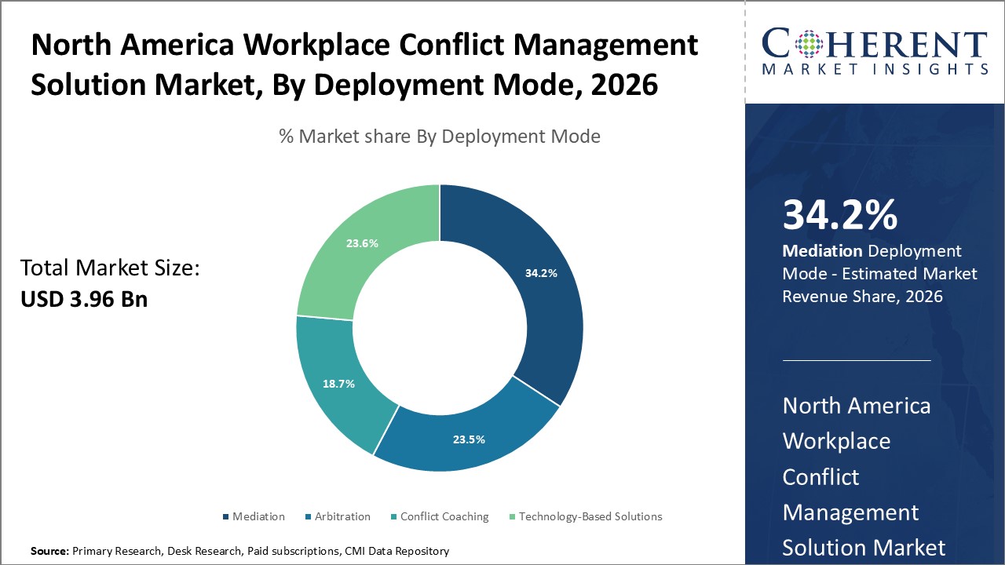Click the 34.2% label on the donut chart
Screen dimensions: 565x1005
coord(541,274)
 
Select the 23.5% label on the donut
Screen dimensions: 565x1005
coord(470,439)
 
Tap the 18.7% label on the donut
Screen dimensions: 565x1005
coord(339,384)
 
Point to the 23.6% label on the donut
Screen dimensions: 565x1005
coord(362,243)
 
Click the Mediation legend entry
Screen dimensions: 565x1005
coord(258,516)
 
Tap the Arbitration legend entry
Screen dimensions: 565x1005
coord(342,516)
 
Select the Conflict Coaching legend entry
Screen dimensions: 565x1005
coord(444,516)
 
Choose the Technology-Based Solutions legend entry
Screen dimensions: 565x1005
coord(590,516)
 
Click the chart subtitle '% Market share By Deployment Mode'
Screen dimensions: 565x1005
coord(440,137)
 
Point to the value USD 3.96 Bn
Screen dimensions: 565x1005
coord(83,299)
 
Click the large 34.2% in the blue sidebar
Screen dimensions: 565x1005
coord(839,215)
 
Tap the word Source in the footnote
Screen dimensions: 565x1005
coord(49,551)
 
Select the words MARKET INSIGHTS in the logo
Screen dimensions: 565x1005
coord(873,69)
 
